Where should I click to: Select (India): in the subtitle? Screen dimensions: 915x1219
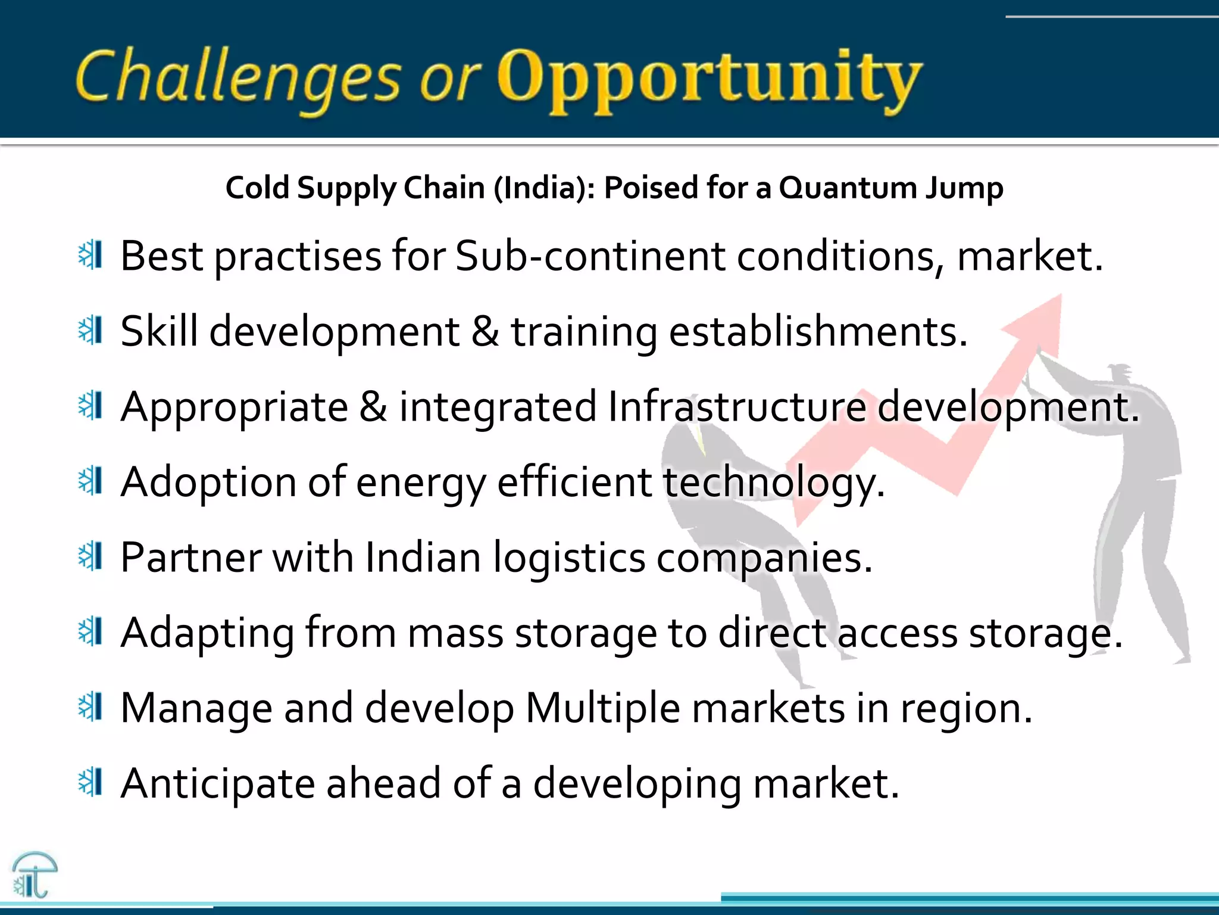tap(544, 188)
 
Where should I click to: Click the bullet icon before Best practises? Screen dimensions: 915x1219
tap(91, 256)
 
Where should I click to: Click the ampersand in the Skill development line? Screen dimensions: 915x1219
tap(485, 331)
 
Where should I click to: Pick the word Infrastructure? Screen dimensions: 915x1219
tap(737, 407)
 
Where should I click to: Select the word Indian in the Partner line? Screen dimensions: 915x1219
tap(423, 558)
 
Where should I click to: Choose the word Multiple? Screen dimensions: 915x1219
tap(602, 709)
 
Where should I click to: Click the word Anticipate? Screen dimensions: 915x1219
tap(217, 785)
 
